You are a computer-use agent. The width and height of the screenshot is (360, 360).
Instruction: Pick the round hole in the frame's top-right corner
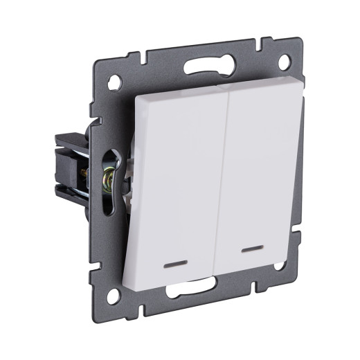coord(284,62)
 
